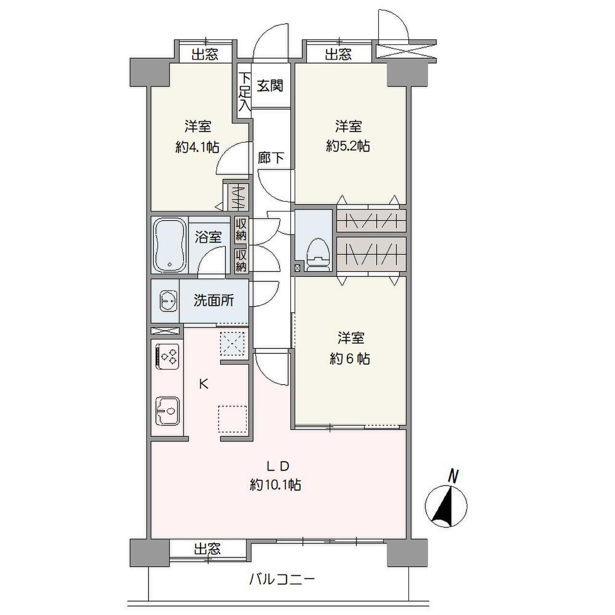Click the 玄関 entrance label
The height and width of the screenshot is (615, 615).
[x=270, y=86]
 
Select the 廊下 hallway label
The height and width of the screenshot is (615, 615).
[x=271, y=158]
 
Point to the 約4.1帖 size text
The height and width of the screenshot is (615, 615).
[x=197, y=147]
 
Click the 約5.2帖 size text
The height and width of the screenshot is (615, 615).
[x=348, y=146]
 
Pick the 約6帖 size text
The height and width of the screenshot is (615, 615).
[x=350, y=358]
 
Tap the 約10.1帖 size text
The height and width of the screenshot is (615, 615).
[x=275, y=485]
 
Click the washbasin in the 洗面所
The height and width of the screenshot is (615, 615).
[x=167, y=301]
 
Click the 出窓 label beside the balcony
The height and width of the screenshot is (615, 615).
[x=208, y=549]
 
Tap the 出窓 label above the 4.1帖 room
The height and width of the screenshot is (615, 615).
[x=205, y=54]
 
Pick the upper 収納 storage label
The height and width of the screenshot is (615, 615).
[x=241, y=230]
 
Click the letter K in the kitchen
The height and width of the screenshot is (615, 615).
[x=204, y=384]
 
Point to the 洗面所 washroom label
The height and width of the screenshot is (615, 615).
[x=214, y=301]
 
